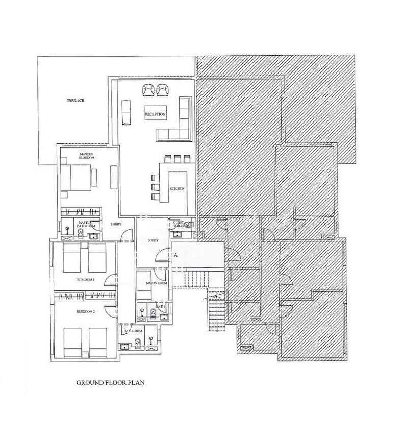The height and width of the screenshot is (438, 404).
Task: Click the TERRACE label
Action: click(75, 101)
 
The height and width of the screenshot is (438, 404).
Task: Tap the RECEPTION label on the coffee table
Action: click(155, 114)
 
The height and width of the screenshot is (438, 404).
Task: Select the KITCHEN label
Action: click(177, 189)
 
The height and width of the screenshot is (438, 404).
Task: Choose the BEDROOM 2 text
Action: click(86, 311)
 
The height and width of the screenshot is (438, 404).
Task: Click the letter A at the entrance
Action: click(175, 254)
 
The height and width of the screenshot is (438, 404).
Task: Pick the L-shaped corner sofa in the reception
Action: click(176, 123)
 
